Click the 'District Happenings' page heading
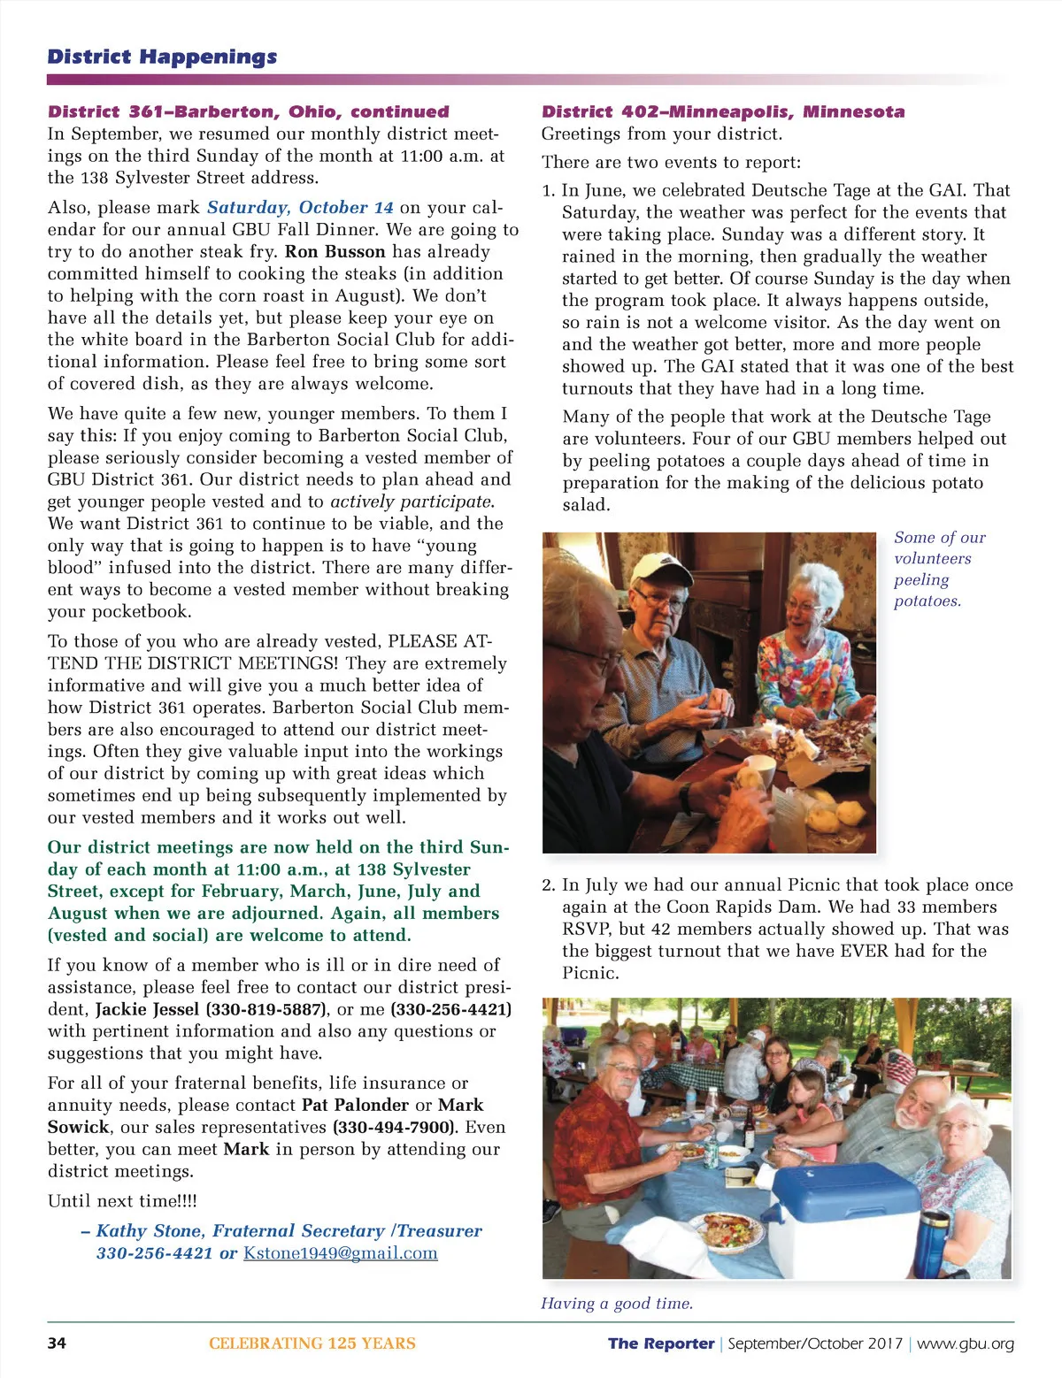[162, 57]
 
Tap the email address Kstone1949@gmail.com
[341, 1252]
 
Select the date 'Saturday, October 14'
[300, 208]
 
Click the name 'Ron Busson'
[335, 251]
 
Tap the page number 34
[57, 1343]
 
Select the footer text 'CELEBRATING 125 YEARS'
[312, 1343]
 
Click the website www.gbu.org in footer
[966, 1344]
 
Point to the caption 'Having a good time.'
[617, 1303]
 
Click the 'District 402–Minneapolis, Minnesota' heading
[723, 111]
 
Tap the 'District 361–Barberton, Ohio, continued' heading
[249, 111]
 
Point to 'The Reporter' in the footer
[661, 1344]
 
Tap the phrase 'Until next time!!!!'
[122, 1200]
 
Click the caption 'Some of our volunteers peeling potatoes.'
[938, 569]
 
